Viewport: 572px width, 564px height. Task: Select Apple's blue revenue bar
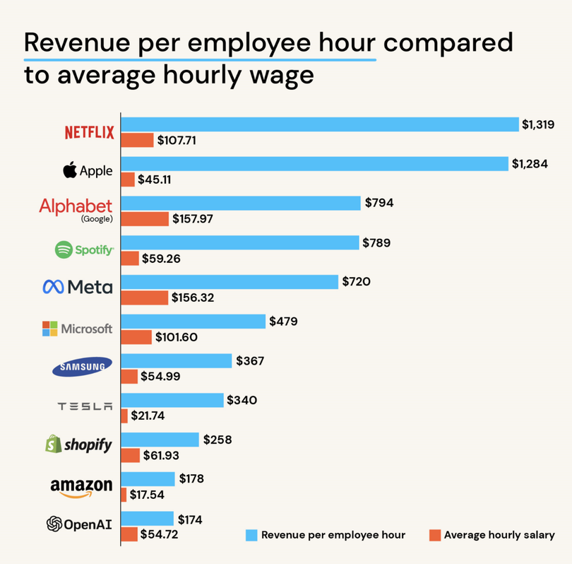pos(315,164)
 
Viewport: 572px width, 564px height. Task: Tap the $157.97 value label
pos(193,219)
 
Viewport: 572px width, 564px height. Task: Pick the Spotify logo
pos(84,249)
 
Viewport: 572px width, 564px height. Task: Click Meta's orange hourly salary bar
pos(145,298)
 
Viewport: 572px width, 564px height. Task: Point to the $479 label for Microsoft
pos(283,322)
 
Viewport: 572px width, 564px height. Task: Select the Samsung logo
pos(82,366)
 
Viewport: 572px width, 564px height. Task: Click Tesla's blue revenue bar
pos(172,401)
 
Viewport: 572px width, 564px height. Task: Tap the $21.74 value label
pos(148,416)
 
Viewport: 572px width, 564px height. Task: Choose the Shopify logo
pos(78,445)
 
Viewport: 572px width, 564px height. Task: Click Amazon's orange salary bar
pos(124,495)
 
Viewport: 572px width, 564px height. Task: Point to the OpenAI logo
pos(79,524)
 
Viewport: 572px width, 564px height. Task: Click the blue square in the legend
pos(251,535)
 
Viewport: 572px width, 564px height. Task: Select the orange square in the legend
pos(434,535)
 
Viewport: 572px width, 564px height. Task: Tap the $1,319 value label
pos(538,124)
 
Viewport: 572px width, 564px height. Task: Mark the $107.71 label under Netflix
pos(177,140)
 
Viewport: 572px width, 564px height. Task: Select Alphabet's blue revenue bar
pos(241,204)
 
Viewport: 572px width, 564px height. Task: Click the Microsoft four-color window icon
pos(49,329)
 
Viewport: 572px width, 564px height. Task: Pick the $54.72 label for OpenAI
pos(160,534)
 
